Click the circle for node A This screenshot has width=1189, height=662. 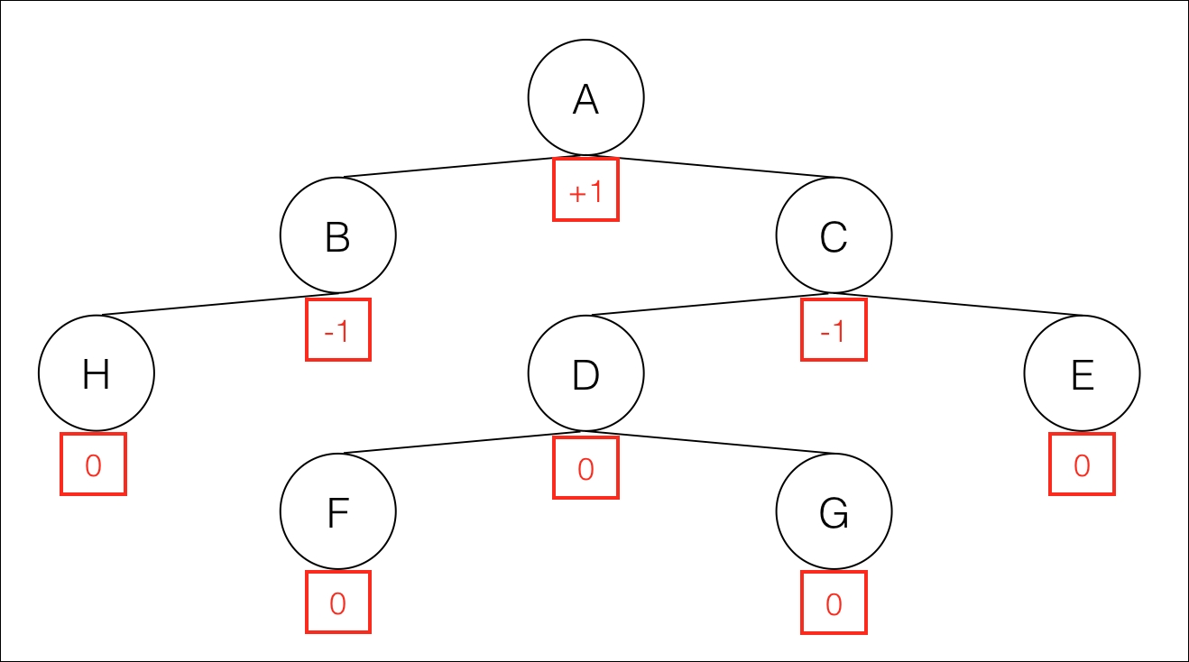[x=586, y=97]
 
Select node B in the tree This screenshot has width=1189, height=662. [x=338, y=235]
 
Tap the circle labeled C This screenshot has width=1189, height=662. [x=834, y=235]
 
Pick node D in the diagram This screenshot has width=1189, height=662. [x=586, y=373]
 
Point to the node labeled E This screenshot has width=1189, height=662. [x=1082, y=373]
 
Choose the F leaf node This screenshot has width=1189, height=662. [x=338, y=511]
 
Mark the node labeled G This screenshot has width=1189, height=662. [x=834, y=511]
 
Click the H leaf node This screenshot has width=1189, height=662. [x=97, y=373]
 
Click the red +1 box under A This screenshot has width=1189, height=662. [x=586, y=189]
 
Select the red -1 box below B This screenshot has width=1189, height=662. [x=338, y=330]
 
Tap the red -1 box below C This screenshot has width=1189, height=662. [x=834, y=330]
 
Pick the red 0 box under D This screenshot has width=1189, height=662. [x=586, y=468]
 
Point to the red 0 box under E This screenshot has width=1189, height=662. [x=1082, y=464]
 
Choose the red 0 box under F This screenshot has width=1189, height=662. [x=338, y=602]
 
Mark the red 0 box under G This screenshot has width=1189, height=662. [x=834, y=602]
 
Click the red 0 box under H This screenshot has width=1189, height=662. [x=94, y=464]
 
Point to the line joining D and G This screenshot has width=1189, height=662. [x=710, y=442]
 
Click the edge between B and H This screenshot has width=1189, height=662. [x=217, y=304]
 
